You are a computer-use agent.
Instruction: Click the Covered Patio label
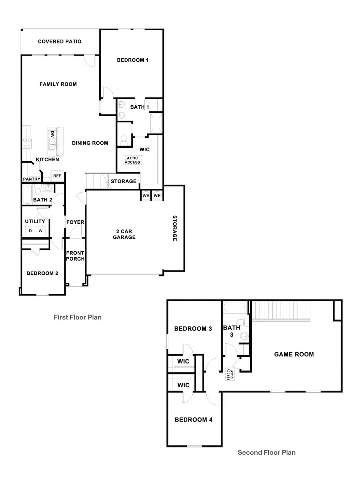pos(60,41)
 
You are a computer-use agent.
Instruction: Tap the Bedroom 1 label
pos(132,60)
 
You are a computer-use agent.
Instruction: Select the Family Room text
pos(58,84)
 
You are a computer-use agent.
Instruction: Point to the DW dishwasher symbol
pos(52,134)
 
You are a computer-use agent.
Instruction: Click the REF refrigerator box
pos(57,176)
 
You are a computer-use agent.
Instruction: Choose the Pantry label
pos(32,179)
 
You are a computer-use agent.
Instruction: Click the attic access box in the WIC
pos(132,160)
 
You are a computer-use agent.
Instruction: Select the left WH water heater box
pos(146,196)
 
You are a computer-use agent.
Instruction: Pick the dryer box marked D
pos(30,231)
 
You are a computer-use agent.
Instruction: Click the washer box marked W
pos(40,231)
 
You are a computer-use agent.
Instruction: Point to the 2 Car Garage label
pos(124,234)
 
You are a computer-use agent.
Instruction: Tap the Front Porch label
pos(75,256)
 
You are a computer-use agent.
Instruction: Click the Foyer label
pos(75,222)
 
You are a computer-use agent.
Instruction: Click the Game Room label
pos(294,354)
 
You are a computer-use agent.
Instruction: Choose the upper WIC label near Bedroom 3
pos(183,361)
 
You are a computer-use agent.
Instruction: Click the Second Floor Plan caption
pos(266,452)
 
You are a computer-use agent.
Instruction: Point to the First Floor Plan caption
pos(77,317)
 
